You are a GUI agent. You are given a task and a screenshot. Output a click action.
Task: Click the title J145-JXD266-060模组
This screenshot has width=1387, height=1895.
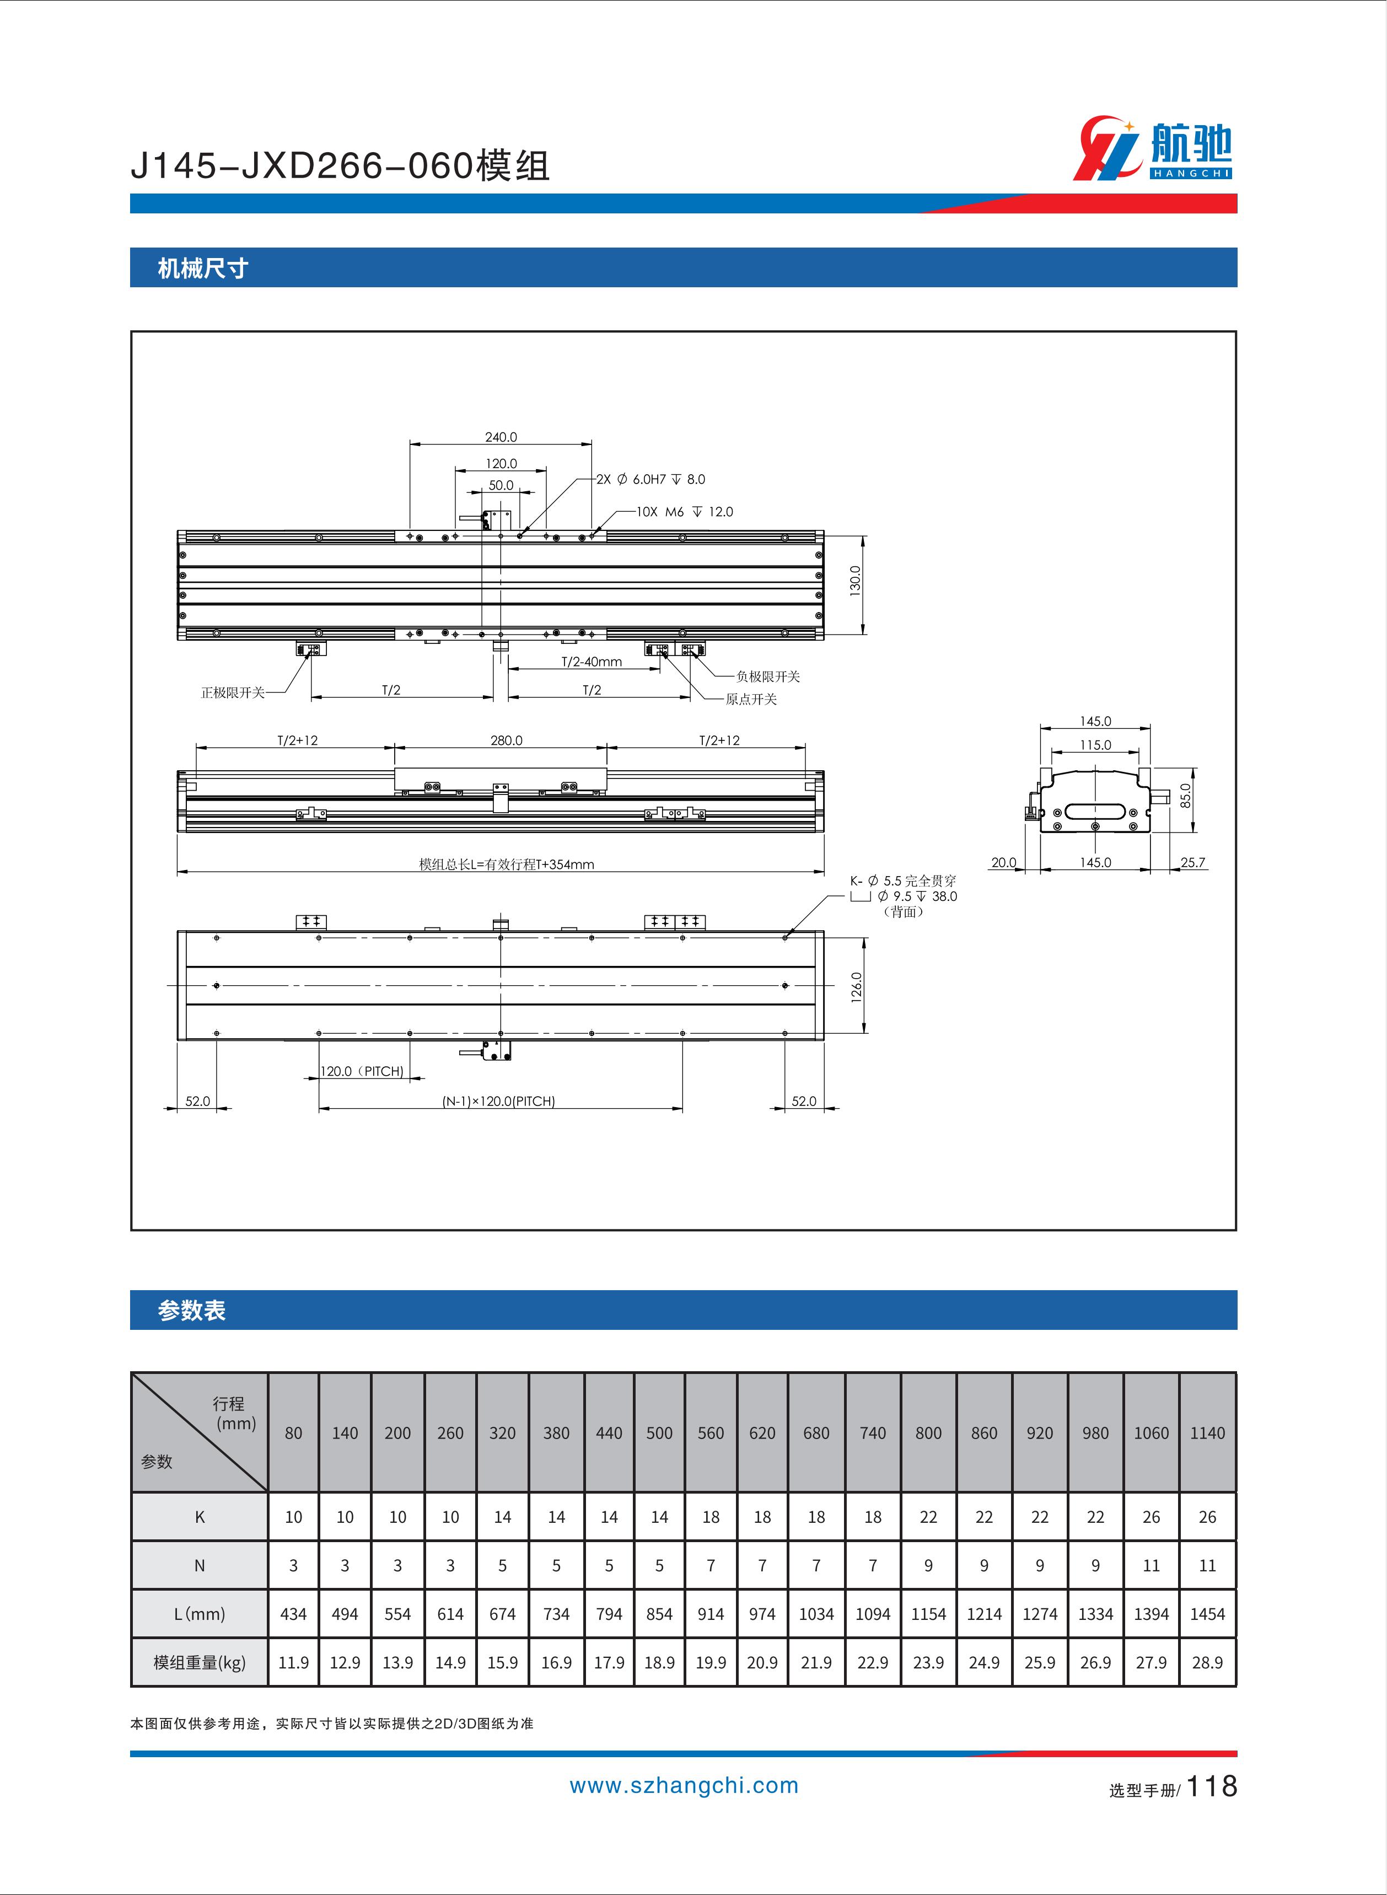pos(340,167)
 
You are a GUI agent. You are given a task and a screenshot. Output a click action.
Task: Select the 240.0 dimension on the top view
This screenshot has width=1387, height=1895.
pos(501,437)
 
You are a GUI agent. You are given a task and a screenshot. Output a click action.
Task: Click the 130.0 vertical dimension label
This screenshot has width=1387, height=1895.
pos(854,581)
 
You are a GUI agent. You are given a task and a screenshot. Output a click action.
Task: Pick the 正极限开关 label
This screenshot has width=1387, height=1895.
pos(233,692)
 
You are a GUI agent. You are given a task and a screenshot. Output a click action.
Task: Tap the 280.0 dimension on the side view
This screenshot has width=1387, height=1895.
pos(506,740)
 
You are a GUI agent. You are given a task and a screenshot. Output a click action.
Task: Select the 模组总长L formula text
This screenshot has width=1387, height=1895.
pos(506,864)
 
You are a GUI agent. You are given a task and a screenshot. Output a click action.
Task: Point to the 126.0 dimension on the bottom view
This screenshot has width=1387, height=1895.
pos(856,986)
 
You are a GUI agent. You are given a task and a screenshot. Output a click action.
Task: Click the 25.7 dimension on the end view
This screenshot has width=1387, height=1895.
pos(1192,862)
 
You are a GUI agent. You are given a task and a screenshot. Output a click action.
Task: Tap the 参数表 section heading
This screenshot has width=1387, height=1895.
pos(191,1311)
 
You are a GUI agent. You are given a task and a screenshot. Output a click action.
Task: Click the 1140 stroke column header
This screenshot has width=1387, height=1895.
pos(1207,1433)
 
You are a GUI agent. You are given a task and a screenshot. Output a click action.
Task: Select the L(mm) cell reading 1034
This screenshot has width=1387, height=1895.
pos(816,1614)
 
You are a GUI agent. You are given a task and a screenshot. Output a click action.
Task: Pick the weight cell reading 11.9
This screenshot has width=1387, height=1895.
pos(293,1662)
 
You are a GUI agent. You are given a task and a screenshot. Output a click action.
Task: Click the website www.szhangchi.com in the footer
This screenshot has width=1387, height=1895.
pos(684,1786)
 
